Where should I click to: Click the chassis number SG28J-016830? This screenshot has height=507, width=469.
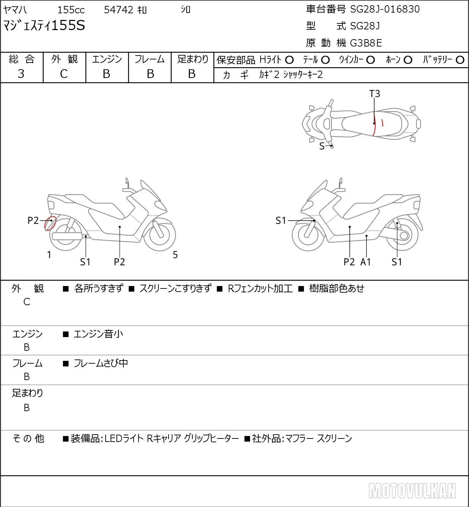tap(385, 9)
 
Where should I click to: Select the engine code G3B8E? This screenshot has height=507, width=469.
tap(366, 43)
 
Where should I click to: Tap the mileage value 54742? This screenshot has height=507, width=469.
tap(119, 10)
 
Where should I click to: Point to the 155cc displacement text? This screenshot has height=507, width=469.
tap(71, 10)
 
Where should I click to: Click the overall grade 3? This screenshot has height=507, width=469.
tap(21, 74)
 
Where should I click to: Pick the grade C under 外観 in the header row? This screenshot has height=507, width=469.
tap(64, 74)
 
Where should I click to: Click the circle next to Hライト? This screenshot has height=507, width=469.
tap(289, 60)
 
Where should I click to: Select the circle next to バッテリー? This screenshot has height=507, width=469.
tap(460, 60)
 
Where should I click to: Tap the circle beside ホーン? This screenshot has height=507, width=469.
tap(408, 60)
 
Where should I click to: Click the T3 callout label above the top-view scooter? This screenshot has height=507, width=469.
tap(375, 94)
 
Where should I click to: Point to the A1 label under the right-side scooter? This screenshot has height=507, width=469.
tap(365, 262)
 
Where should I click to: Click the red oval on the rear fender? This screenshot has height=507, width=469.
tap(50, 223)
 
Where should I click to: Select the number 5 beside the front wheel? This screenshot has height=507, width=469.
tap(175, 255)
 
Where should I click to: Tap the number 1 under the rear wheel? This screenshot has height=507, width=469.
tap(49, 255)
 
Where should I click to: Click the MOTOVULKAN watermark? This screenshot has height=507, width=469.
tap(412, 491)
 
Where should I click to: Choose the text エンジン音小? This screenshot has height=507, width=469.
tap(98, 334)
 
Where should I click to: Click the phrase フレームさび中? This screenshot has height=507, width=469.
tap(101, 363)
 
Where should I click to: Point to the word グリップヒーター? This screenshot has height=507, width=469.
tap(211, 438)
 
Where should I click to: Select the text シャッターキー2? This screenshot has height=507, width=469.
tap(303, 75)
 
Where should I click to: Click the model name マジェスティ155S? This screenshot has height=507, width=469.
tap(44, 26)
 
